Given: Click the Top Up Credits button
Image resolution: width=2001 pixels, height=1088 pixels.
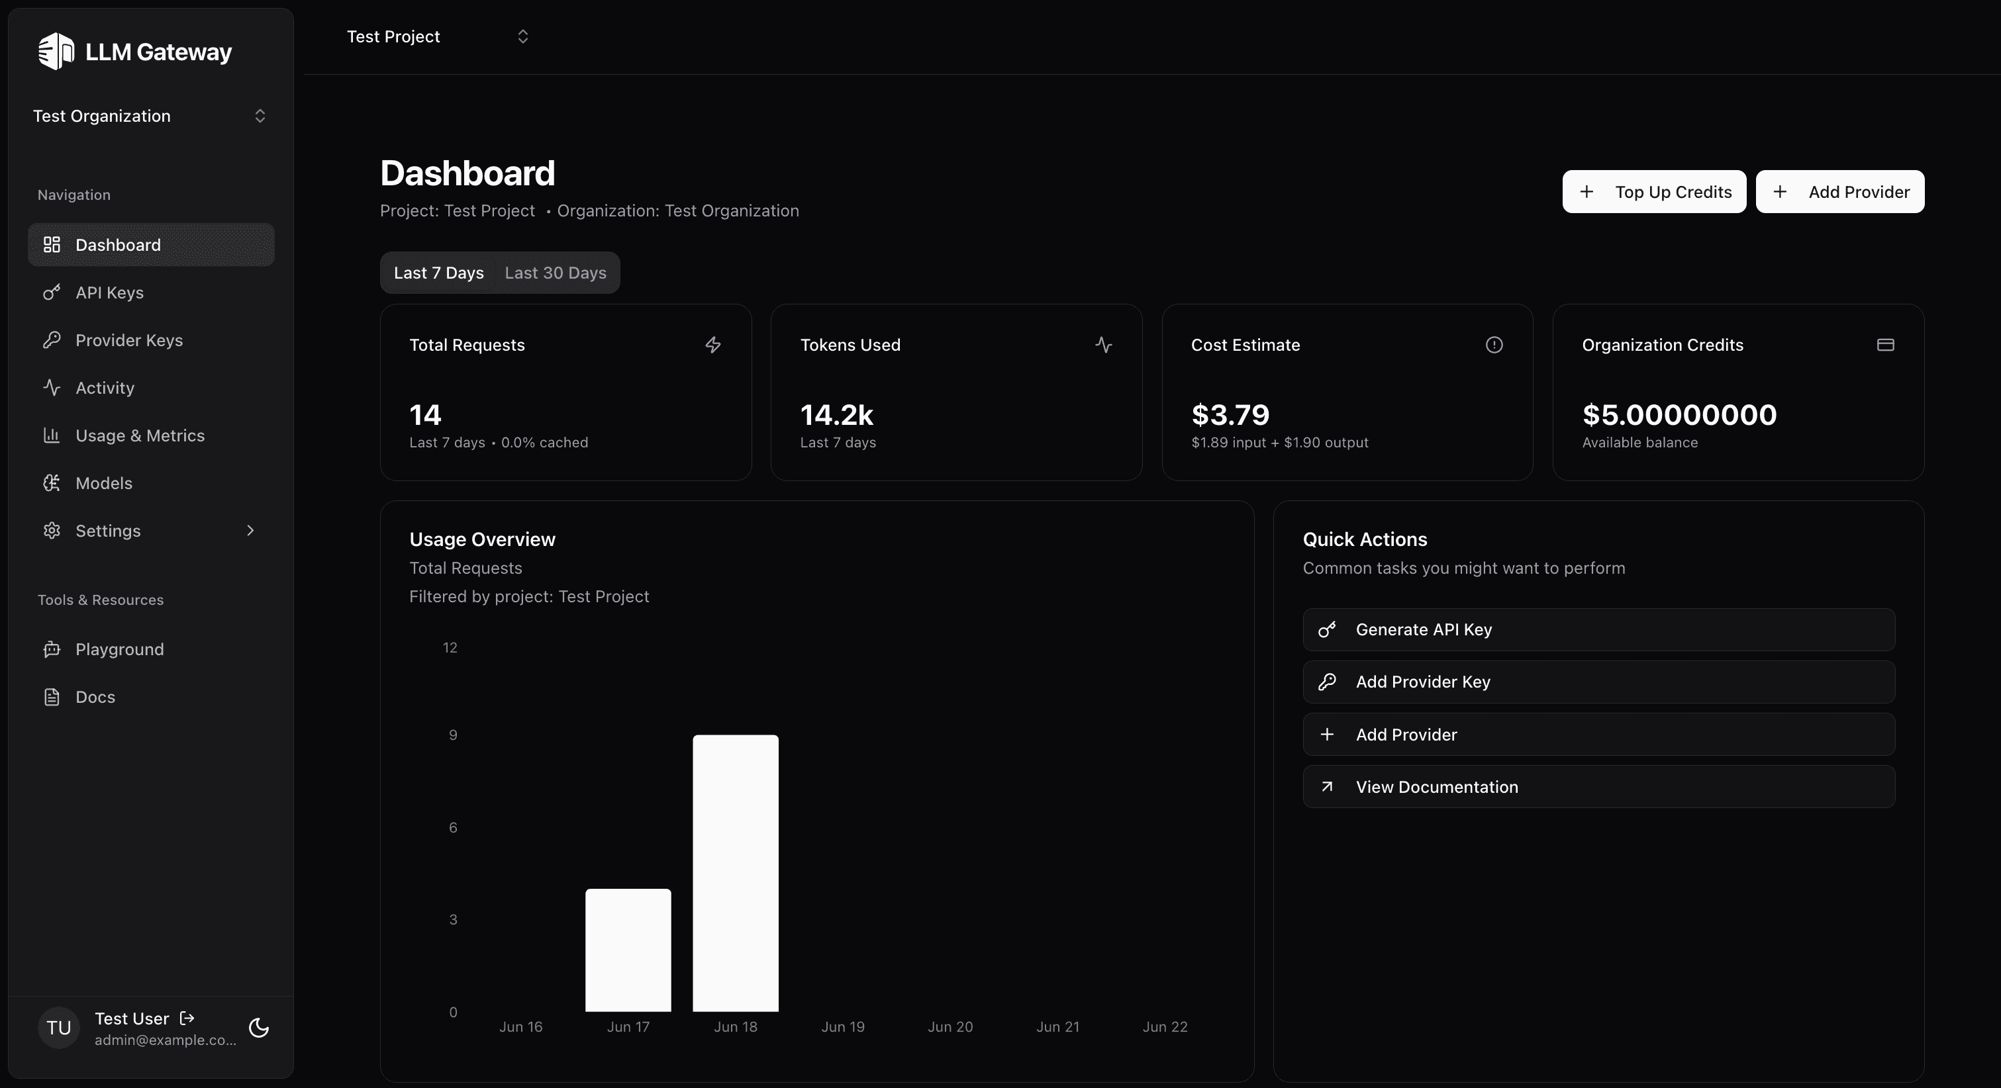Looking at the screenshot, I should coord(1654,192).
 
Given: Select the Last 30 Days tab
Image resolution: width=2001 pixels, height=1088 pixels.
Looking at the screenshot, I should coord(556,273).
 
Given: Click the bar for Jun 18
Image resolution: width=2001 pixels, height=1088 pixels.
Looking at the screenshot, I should coord(735,873).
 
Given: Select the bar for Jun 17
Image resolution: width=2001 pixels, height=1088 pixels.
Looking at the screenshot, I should coord(628,950).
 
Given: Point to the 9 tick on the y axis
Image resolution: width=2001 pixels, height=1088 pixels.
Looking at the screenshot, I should coord(453,735).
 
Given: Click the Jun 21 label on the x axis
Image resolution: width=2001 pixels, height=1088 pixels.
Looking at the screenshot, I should coord(1057,1026).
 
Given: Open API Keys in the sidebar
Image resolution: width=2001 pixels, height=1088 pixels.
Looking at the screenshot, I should coord(109,293).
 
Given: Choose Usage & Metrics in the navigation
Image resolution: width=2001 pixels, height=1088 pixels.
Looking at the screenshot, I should coord(140,435).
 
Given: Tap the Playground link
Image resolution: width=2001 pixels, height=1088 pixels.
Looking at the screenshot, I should coord(120,649).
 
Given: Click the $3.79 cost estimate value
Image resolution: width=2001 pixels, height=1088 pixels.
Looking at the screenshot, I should coord(1230,415).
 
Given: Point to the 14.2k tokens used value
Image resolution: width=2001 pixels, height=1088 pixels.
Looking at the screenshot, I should coord(836,415).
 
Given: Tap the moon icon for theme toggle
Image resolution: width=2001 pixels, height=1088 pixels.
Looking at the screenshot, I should coord(259,1028).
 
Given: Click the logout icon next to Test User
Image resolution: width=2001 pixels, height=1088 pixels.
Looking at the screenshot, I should coord(187,1018).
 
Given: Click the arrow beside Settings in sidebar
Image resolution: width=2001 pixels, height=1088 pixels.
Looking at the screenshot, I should coord(250,530).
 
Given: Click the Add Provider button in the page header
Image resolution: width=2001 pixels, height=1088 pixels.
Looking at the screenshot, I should coord(1839,192).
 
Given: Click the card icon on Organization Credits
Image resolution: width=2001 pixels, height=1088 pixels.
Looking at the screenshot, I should coord(1885,345).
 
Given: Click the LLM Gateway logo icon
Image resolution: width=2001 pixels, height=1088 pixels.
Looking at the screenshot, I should coord(56,51).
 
